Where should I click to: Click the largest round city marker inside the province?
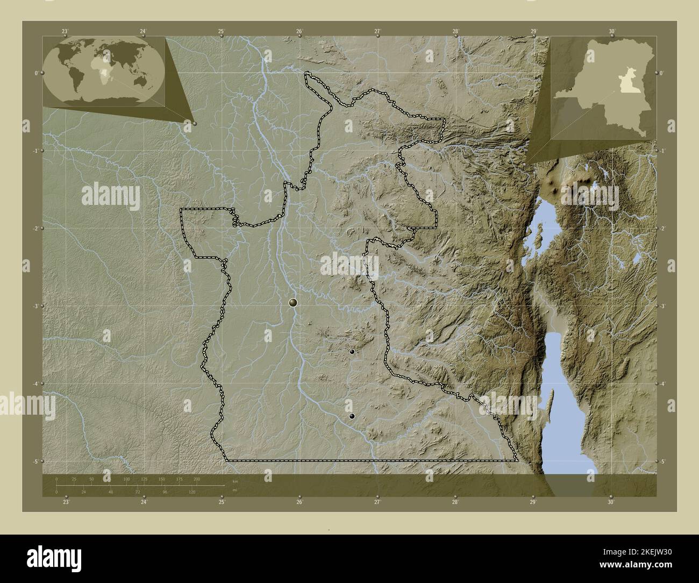click(x=293, y=303)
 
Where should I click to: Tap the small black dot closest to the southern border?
click(x=352, y=416)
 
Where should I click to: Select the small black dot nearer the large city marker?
click(x=352, y=352)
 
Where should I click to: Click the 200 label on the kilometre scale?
click(x=197, y=479)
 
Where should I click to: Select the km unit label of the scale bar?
click(x=235, y=480)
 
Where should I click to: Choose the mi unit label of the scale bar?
click(x=235, y=489)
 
